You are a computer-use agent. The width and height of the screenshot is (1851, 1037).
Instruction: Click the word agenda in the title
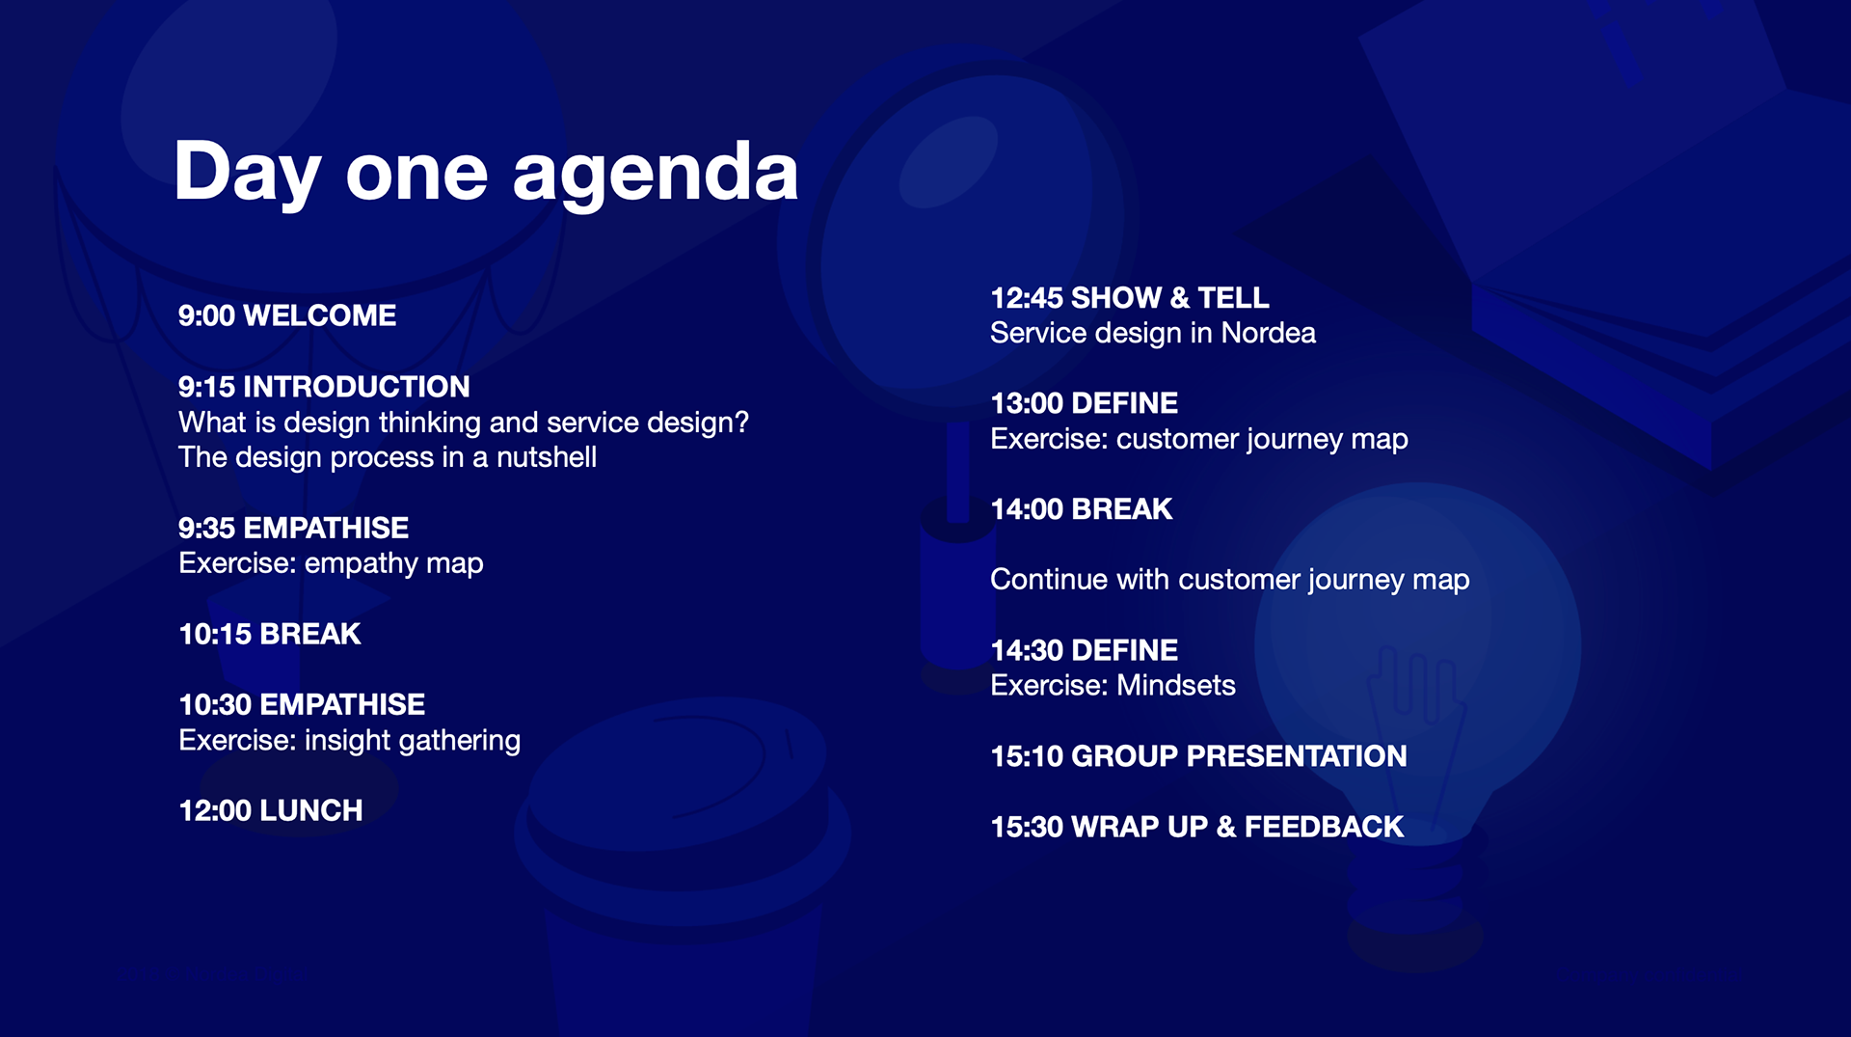click(x=656, y=174)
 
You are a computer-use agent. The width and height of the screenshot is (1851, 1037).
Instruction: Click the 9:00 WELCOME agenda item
click(x=287, y=315)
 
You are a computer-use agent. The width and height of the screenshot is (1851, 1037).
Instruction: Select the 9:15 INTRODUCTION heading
click(x=324, y=387)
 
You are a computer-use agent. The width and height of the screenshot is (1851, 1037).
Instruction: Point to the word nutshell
click(x=547, y=457)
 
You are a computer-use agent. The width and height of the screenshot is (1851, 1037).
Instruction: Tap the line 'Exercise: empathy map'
click(x=331, y=563)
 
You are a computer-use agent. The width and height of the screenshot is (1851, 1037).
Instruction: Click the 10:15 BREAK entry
click(x=270, y=634)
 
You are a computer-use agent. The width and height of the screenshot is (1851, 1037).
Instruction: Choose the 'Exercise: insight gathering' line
click(x=350, y=741)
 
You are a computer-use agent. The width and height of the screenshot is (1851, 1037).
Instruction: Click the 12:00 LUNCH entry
click(x=271, y=810)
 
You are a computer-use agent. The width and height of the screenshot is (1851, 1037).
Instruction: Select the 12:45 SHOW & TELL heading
click(x=1130, y=298)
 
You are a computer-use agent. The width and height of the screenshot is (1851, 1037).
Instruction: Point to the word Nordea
click(x=1268, y=333)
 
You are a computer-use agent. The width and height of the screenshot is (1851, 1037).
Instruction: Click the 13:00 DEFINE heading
click(x=1085, y=403)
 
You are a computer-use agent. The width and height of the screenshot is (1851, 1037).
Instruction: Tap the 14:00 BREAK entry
click(x=1082, y=509)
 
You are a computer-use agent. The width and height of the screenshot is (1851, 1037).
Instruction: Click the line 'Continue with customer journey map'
click(x=1230, y=580)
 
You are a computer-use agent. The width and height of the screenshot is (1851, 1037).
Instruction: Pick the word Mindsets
click(x=1176, y=686)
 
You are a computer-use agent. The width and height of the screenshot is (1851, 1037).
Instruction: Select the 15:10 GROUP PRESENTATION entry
click(x=1199, y=756)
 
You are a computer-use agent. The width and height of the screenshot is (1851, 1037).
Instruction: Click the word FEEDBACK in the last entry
click(x=1325, y=827)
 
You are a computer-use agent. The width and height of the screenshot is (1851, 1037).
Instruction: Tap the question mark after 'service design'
click(x=741, y=423)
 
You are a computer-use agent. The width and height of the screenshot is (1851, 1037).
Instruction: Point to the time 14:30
click(x=1027, y=651)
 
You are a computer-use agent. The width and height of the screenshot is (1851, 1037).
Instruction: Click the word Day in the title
click(x=247, y=174)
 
